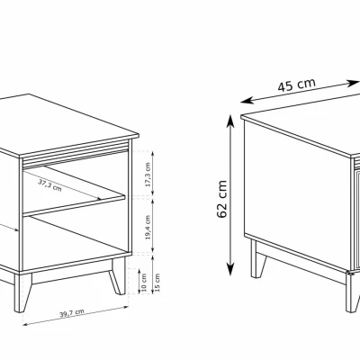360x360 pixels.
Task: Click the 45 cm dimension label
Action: (296, 85)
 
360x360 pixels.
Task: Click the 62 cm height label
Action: (222, 199)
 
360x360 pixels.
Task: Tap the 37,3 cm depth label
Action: (49, 185)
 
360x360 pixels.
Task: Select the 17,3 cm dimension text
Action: (148, 175)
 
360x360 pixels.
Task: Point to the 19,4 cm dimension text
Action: (148, 228)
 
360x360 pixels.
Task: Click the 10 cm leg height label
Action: (143, 283)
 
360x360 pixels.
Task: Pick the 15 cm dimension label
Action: (157, 283)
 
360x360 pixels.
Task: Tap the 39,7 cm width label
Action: (72, 313)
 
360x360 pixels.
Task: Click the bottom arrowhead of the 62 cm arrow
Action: (230, 269)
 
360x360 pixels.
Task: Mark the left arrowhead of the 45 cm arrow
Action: (246, 101)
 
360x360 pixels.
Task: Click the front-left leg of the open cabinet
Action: (22, 292)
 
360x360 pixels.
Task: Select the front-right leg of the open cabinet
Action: (118, 276)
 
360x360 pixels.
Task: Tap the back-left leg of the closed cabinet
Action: (258, 259)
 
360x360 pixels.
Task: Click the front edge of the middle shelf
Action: (74, 206)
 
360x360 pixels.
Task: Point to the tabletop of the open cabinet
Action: (69, 126)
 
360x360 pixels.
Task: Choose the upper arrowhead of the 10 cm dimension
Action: (139, 271)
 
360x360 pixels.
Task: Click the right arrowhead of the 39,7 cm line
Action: (126, 307)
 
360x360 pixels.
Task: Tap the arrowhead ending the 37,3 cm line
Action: (97, 198)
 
